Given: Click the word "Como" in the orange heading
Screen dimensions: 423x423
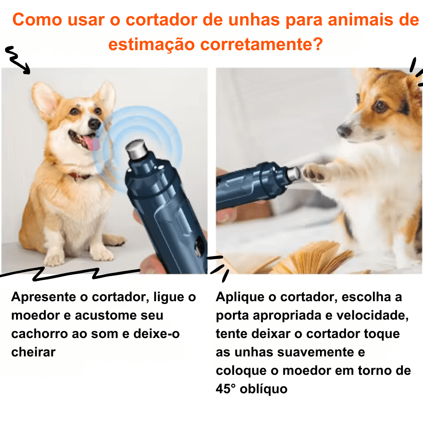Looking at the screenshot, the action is pos(37,20).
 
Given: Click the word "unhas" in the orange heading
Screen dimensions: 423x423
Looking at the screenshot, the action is pos(254,20).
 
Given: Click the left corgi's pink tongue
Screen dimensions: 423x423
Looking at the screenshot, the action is pos(92,143).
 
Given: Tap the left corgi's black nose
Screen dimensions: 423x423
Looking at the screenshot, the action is pos(94,123).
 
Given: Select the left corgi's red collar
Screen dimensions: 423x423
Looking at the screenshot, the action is pos(79,176).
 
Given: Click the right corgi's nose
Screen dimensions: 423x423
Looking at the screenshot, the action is pos(344,130).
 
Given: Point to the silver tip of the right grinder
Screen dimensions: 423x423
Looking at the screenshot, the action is pos(293,173).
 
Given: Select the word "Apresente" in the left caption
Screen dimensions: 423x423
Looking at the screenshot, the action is pos(44,297).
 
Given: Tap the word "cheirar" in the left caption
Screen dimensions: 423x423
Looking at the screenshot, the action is pos(33,352).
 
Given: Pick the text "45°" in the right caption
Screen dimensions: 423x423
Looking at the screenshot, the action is pos(226,389).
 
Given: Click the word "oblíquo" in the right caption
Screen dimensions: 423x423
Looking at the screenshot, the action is pos(264,389).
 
